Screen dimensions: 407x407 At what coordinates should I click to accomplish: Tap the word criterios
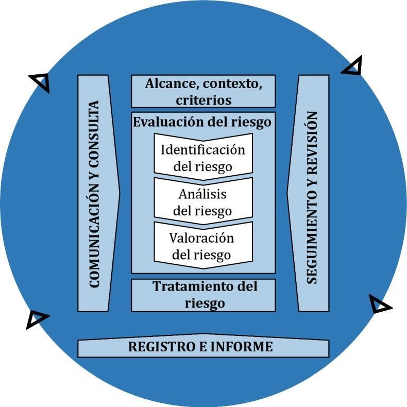point(203,99)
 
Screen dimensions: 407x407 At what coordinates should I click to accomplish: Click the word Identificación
point(203,150)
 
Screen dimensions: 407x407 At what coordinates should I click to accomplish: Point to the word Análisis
point(203,194)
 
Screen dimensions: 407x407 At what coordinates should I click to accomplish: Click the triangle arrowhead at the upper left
point(40,81)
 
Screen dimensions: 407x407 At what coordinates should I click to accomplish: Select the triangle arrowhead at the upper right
point(353,66)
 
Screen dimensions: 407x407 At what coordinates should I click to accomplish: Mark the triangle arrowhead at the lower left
point(37,319)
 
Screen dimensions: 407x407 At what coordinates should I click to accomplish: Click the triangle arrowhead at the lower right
point(380,305)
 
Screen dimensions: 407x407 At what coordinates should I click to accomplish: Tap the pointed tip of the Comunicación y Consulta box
point(120,194)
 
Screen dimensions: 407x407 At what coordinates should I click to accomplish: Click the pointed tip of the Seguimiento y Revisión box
point(287,194)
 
